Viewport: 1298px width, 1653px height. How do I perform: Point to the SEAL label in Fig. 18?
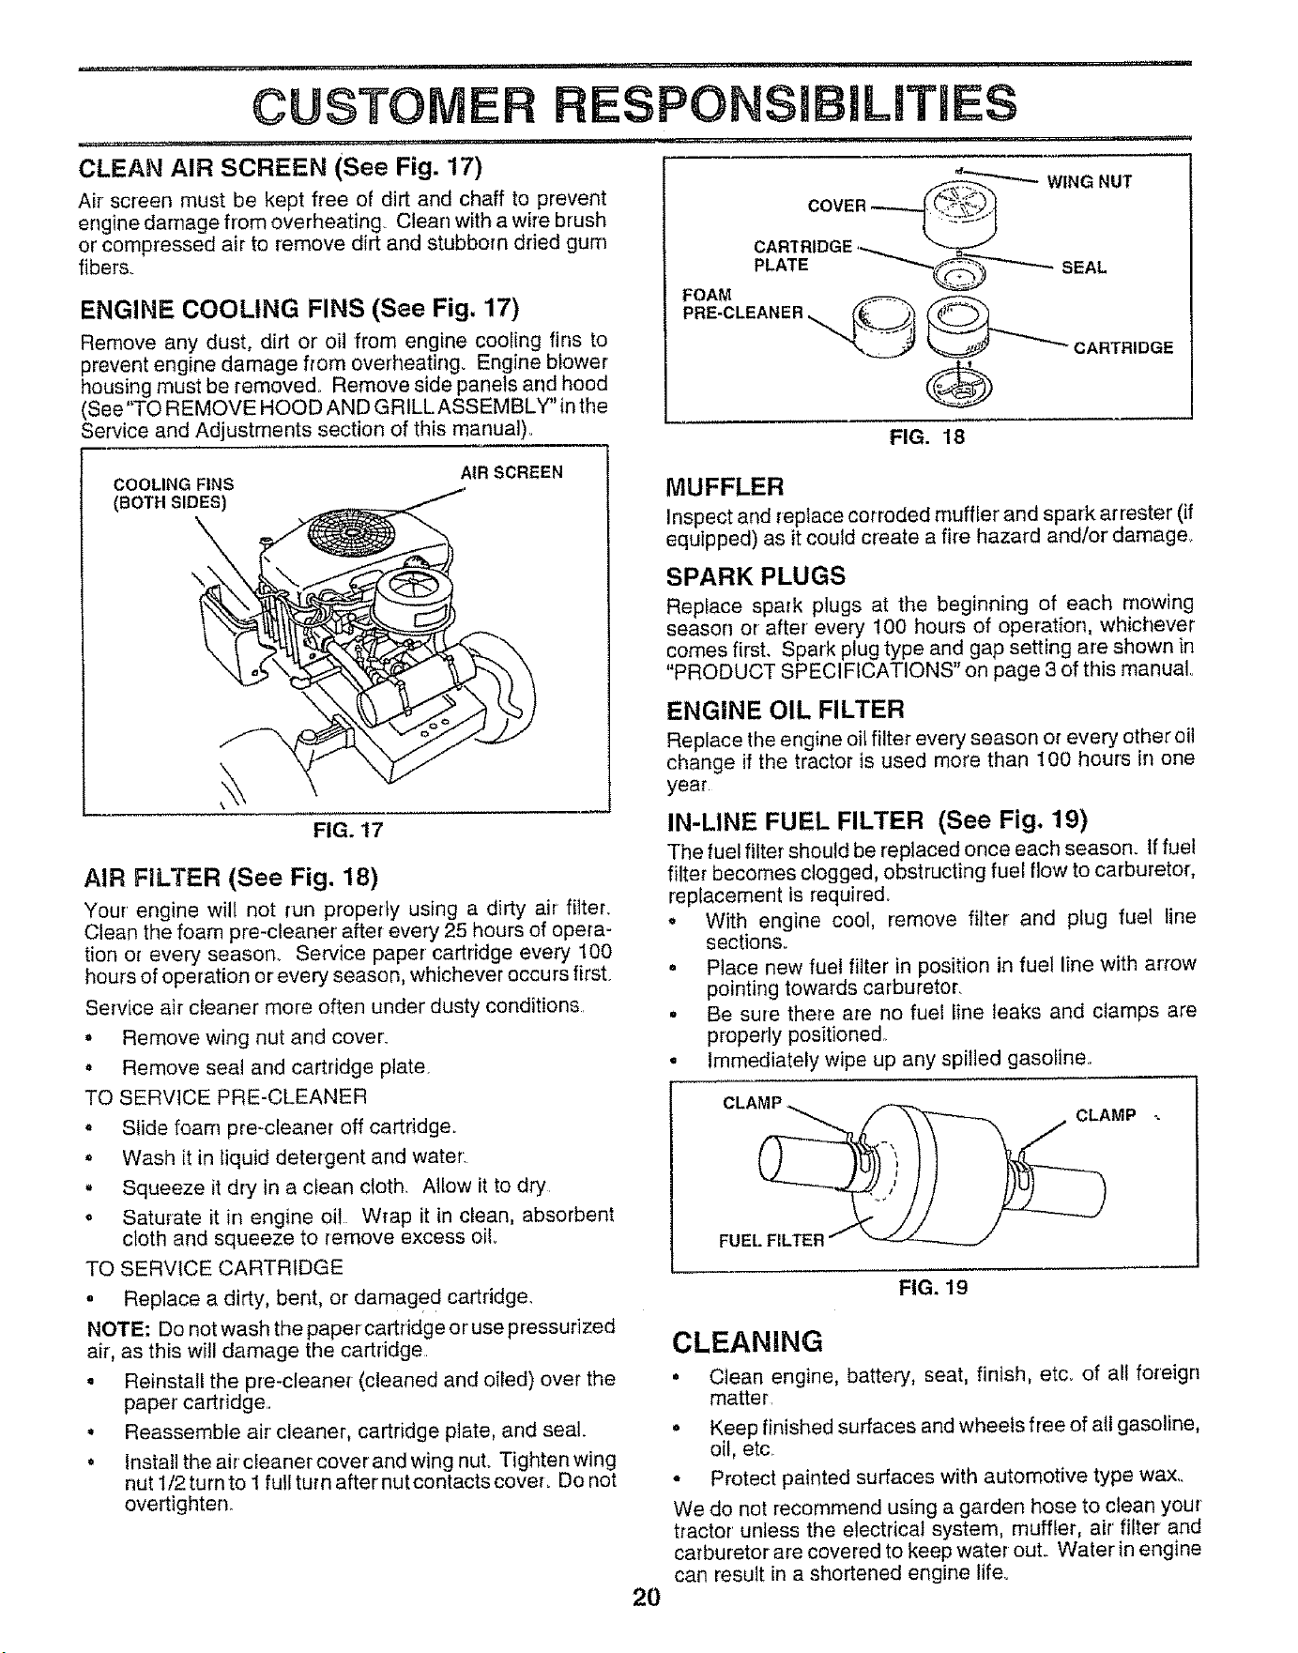point(1084,268)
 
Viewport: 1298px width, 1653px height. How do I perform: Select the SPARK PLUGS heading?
point(756,574)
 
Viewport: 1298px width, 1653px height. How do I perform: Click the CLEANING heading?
point(748,1340)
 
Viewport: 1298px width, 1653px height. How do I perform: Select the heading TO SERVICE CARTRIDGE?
point(213,1268)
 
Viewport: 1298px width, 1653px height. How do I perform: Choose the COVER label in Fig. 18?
point(836,206)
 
